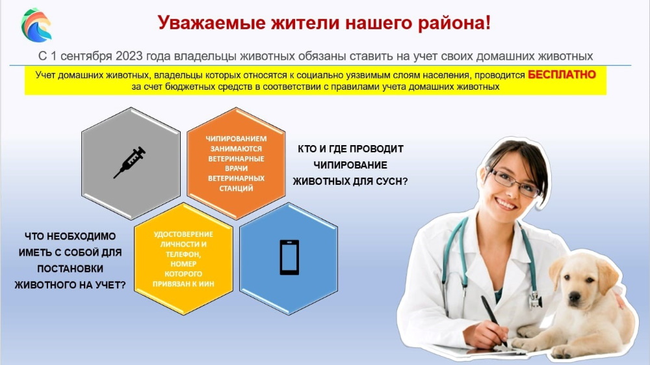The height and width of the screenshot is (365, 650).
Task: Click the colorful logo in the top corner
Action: tap(36, 25)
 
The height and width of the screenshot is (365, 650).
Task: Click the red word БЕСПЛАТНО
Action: tap(562, 75)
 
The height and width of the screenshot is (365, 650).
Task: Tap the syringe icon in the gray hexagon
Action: tap(130, 163)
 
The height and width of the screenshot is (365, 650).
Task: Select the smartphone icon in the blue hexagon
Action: tap(289, 258)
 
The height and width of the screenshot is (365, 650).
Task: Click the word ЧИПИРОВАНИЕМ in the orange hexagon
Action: tap(237, 139)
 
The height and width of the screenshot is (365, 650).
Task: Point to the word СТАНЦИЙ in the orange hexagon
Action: tap(237, 188)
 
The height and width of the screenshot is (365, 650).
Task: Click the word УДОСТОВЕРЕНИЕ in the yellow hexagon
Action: tap(183, 234)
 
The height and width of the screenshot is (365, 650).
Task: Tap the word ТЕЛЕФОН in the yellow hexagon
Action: tap(183, 254)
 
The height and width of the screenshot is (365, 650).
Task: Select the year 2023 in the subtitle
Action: tap(129, 56)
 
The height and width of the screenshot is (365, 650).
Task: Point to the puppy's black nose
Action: tap(574, 297)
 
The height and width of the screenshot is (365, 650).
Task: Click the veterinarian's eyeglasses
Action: tap(513, 182)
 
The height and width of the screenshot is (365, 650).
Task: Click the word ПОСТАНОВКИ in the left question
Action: tap(70, 269)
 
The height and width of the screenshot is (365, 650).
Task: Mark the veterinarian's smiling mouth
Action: tap(506, 204)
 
